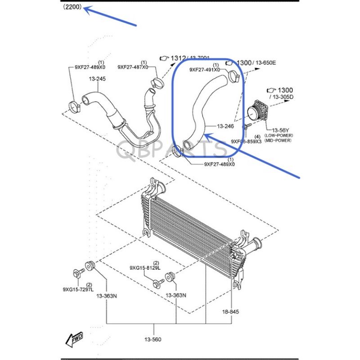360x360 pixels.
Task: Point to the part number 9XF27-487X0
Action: click(x=133, y=67)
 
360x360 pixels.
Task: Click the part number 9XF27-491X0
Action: click(x=205, y=70)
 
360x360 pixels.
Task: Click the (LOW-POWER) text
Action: click(x=279, y=135)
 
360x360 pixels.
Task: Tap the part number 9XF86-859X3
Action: click(x=246, y=141)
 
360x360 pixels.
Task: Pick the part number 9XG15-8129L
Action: click(x=145, y=268)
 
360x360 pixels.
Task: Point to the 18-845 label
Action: click(x=230, y=311)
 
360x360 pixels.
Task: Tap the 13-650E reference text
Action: click(x=265, y=63)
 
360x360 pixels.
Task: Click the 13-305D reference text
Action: click(x=282, y=97)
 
